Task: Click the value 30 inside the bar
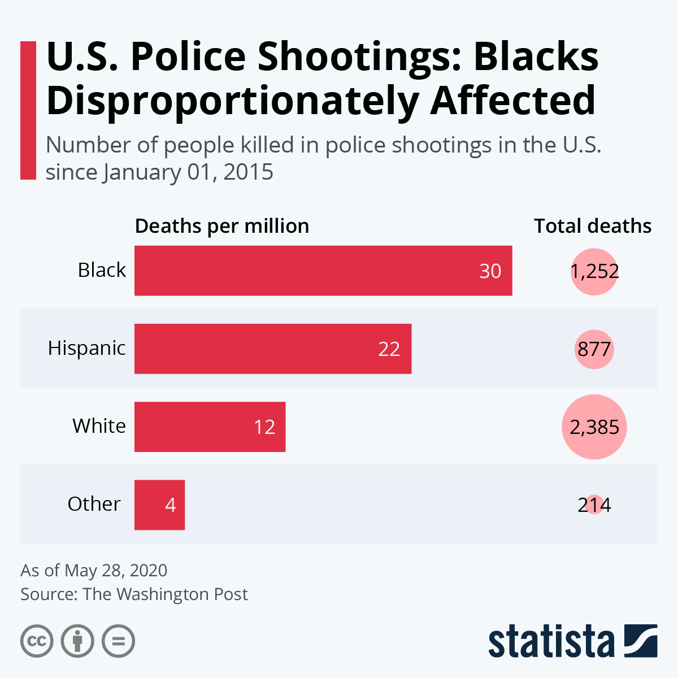pos(490,271)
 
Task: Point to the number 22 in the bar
pos(389,349)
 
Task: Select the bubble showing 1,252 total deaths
pos(594,272)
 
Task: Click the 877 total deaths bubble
pos(594,349)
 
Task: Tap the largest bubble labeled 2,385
pos(594,427)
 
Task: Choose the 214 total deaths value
pos(594,505)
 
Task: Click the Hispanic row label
pos(86,348)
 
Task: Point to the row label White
pos(99,426)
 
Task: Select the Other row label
pos(94,504)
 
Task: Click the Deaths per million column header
pos(222,226)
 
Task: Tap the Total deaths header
pos(593,226)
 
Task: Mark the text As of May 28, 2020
pos(94,570)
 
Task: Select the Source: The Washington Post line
pos(134,594)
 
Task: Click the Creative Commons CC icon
pos(37,641)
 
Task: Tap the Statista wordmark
pos(551,642)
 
